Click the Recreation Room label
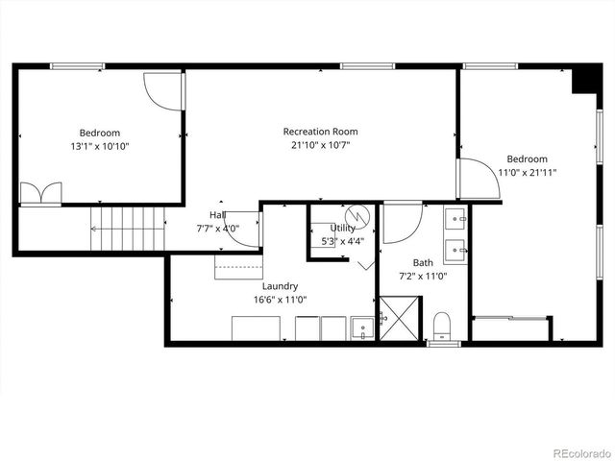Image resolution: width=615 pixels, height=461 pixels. pyautogui.click(x=320, y=132)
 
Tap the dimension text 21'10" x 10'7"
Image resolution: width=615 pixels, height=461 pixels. pyautogui.click(x=320, y=146)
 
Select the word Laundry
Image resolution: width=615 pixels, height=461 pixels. pyautogui.click(x=280, y=285)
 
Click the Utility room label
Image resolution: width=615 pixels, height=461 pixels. pyautogui.click(x=342, y=228)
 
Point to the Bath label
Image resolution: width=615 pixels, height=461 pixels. pyautogui.click(x=423, y=262)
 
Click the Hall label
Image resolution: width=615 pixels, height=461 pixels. pyautogui.click(x=218, y=215)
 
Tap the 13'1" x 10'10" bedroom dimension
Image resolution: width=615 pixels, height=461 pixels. pyautogui.click(x=100, y=146)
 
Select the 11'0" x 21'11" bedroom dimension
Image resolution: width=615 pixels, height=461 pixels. pyautogui.click(x=527, y=173)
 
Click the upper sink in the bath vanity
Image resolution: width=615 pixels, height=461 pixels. pyautogui.click(x=455, y=218)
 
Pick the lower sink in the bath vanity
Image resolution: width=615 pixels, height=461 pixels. pyautogui.click(x=455, y=250)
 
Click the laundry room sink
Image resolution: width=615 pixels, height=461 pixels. pyautogui.click(x=363, y=328)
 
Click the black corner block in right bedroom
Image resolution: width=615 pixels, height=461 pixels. pyautogui.click(x=582, y=81)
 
